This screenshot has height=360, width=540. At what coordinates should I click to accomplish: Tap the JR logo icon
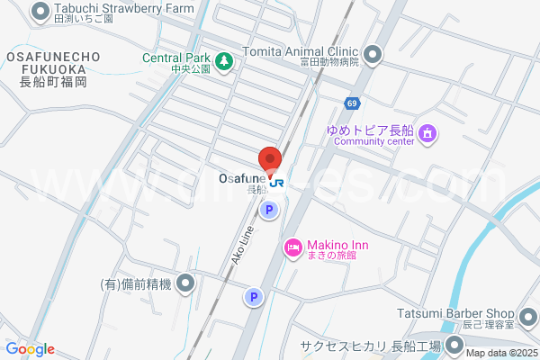[277, 183]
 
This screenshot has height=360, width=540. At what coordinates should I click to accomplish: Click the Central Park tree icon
[224, 60]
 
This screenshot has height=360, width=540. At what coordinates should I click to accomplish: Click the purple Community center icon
[427, 135]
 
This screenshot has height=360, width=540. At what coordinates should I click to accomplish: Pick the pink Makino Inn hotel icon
[292, 247]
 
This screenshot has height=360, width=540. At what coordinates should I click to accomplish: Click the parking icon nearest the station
[267, 211]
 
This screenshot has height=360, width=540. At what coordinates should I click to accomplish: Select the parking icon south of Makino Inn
[254, 296]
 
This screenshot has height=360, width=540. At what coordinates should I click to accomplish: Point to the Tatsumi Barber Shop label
[455, 313]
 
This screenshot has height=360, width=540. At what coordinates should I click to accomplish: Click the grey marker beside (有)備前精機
[185, 284]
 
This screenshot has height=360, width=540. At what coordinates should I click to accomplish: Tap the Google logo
[30, 349]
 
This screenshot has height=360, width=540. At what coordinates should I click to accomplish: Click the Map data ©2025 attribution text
[501, 352]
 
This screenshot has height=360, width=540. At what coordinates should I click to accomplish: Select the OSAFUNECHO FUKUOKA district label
[47, 68]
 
